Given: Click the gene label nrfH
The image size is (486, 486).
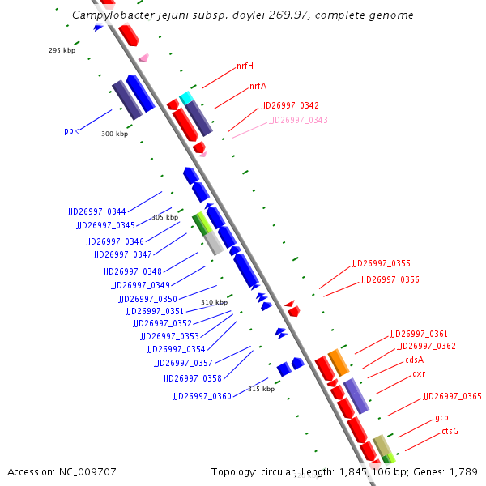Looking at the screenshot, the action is (245, 66).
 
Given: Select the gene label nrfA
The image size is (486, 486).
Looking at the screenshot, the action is (258, 86).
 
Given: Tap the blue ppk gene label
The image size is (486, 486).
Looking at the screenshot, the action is (71, 130).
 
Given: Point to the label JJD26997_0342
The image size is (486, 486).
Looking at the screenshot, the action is (289, 106).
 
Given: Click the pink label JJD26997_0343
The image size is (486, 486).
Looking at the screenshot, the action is (298, 120).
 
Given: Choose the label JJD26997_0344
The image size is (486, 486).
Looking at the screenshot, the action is (96, 211).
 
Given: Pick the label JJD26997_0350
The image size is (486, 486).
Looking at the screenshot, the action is (147, 299).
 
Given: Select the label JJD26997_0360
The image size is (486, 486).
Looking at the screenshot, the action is (202, 396).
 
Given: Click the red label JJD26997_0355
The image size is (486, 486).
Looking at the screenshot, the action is (381, 264).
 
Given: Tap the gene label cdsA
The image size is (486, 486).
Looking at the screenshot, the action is (414, 360).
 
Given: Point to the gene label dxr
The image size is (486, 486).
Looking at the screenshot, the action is (419, 374).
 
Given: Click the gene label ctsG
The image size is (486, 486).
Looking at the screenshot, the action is (450, 431).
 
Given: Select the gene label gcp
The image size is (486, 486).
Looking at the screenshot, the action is (441, 418).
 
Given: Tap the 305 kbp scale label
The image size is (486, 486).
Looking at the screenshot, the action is (164, 217).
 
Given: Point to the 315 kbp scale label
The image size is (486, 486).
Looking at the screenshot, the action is (261, 389).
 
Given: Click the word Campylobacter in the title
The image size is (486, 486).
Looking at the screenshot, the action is (109, 15).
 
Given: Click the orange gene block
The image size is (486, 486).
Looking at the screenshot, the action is (339, 361).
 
